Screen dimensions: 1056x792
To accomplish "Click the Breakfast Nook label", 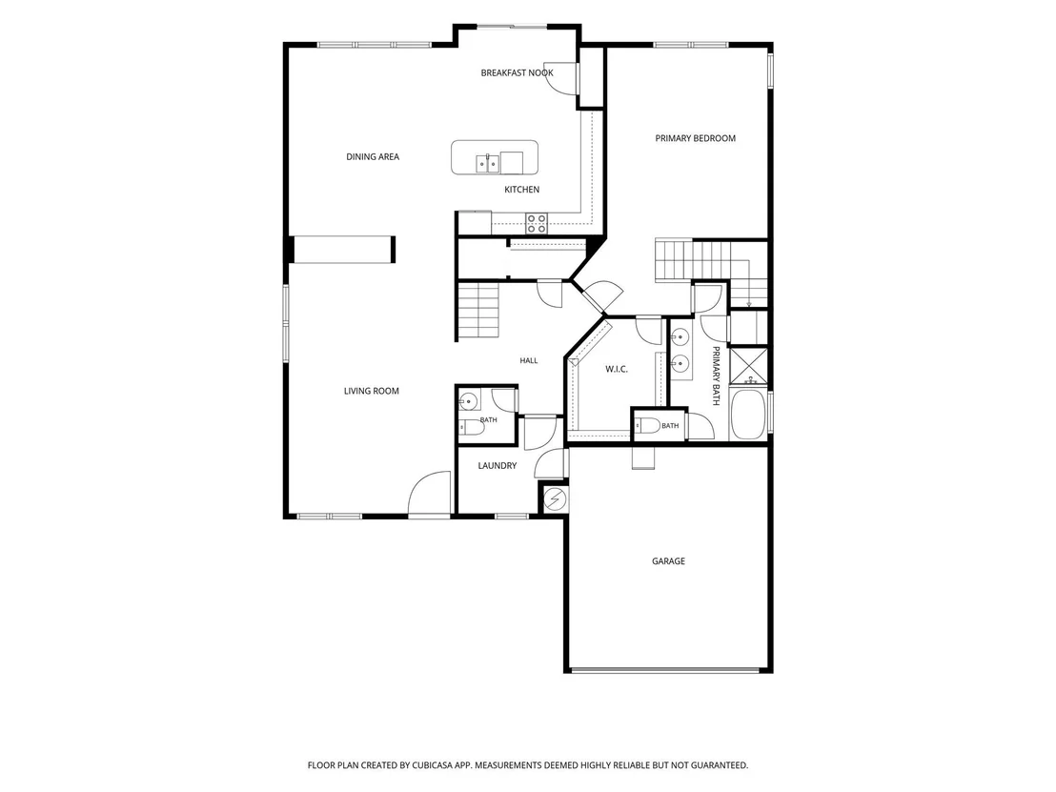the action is (x=518, y=72).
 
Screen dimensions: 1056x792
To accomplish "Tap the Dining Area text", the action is (x=373, y=157).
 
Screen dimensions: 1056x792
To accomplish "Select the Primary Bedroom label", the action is (x=695, y=138).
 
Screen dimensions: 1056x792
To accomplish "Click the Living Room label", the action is (x=371, y=391).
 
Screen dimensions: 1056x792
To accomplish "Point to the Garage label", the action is (x=668, y=561).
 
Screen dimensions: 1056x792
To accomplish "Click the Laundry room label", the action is (x=497, y=465).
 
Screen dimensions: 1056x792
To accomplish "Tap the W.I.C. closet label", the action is (x=617, y=369).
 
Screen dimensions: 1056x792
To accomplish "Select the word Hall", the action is (x=529, y=361).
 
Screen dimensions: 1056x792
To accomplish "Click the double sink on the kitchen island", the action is (x=488, y=163).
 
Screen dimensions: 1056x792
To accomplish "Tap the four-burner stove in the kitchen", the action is (x=537, y=223).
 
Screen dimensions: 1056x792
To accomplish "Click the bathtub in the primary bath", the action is (x=748, y=415).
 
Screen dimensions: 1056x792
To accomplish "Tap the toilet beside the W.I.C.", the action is (x=647, y=426).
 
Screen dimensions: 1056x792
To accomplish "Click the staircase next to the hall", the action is (x=478, y=311).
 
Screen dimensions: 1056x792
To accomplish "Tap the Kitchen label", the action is (x=522, y=190).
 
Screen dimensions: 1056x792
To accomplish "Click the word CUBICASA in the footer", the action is (x=444, y=765).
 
